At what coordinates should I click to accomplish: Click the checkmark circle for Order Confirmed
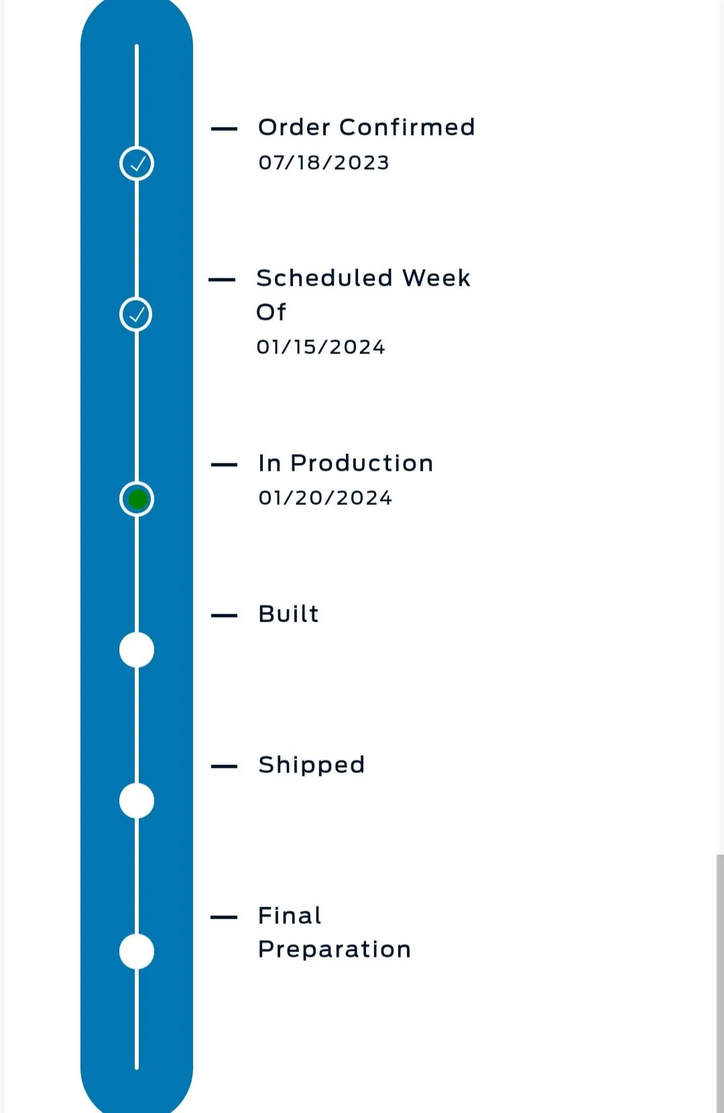[x=137, y=164]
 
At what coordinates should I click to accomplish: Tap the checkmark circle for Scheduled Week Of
[x=135, y=314]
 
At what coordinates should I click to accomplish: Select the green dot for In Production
[x=137, y=500]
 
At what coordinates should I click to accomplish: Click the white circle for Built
[x=137, y=650]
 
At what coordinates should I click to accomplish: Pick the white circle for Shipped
[x=137, y=801]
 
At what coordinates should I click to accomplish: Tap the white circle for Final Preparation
[x=137, y=951]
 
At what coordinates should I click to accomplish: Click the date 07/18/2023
[x=324, y=163]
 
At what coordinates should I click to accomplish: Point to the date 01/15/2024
[x=320, y=347]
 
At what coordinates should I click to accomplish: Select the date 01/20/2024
[x=325, y=498]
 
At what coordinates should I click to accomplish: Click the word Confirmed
[x=407, y=127]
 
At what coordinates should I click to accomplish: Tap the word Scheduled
[x=324, y=278]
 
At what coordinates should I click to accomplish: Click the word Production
[x=362, y=463]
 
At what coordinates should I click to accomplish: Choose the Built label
[x=289, y=613]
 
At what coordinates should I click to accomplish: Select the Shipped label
[x=312, y=765]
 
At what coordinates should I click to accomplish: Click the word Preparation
[x=335, y=949]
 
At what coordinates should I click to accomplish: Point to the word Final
[x=290, y=915]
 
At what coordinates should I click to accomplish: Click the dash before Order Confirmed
[x=224, y=129]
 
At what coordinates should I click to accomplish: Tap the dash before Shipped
[x=224, y=766]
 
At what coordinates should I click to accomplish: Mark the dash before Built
[x=224, y=616]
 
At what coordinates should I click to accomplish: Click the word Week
[x=436, y=278]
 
